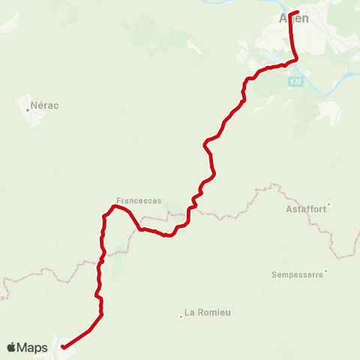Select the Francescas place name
133,201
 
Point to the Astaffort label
306,209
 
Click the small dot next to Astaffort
328,203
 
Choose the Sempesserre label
297,275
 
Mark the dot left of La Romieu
181,316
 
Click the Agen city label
294,19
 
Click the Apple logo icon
11,347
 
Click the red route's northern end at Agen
298,12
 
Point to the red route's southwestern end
62,346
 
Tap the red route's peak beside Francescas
114,206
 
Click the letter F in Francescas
118,201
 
